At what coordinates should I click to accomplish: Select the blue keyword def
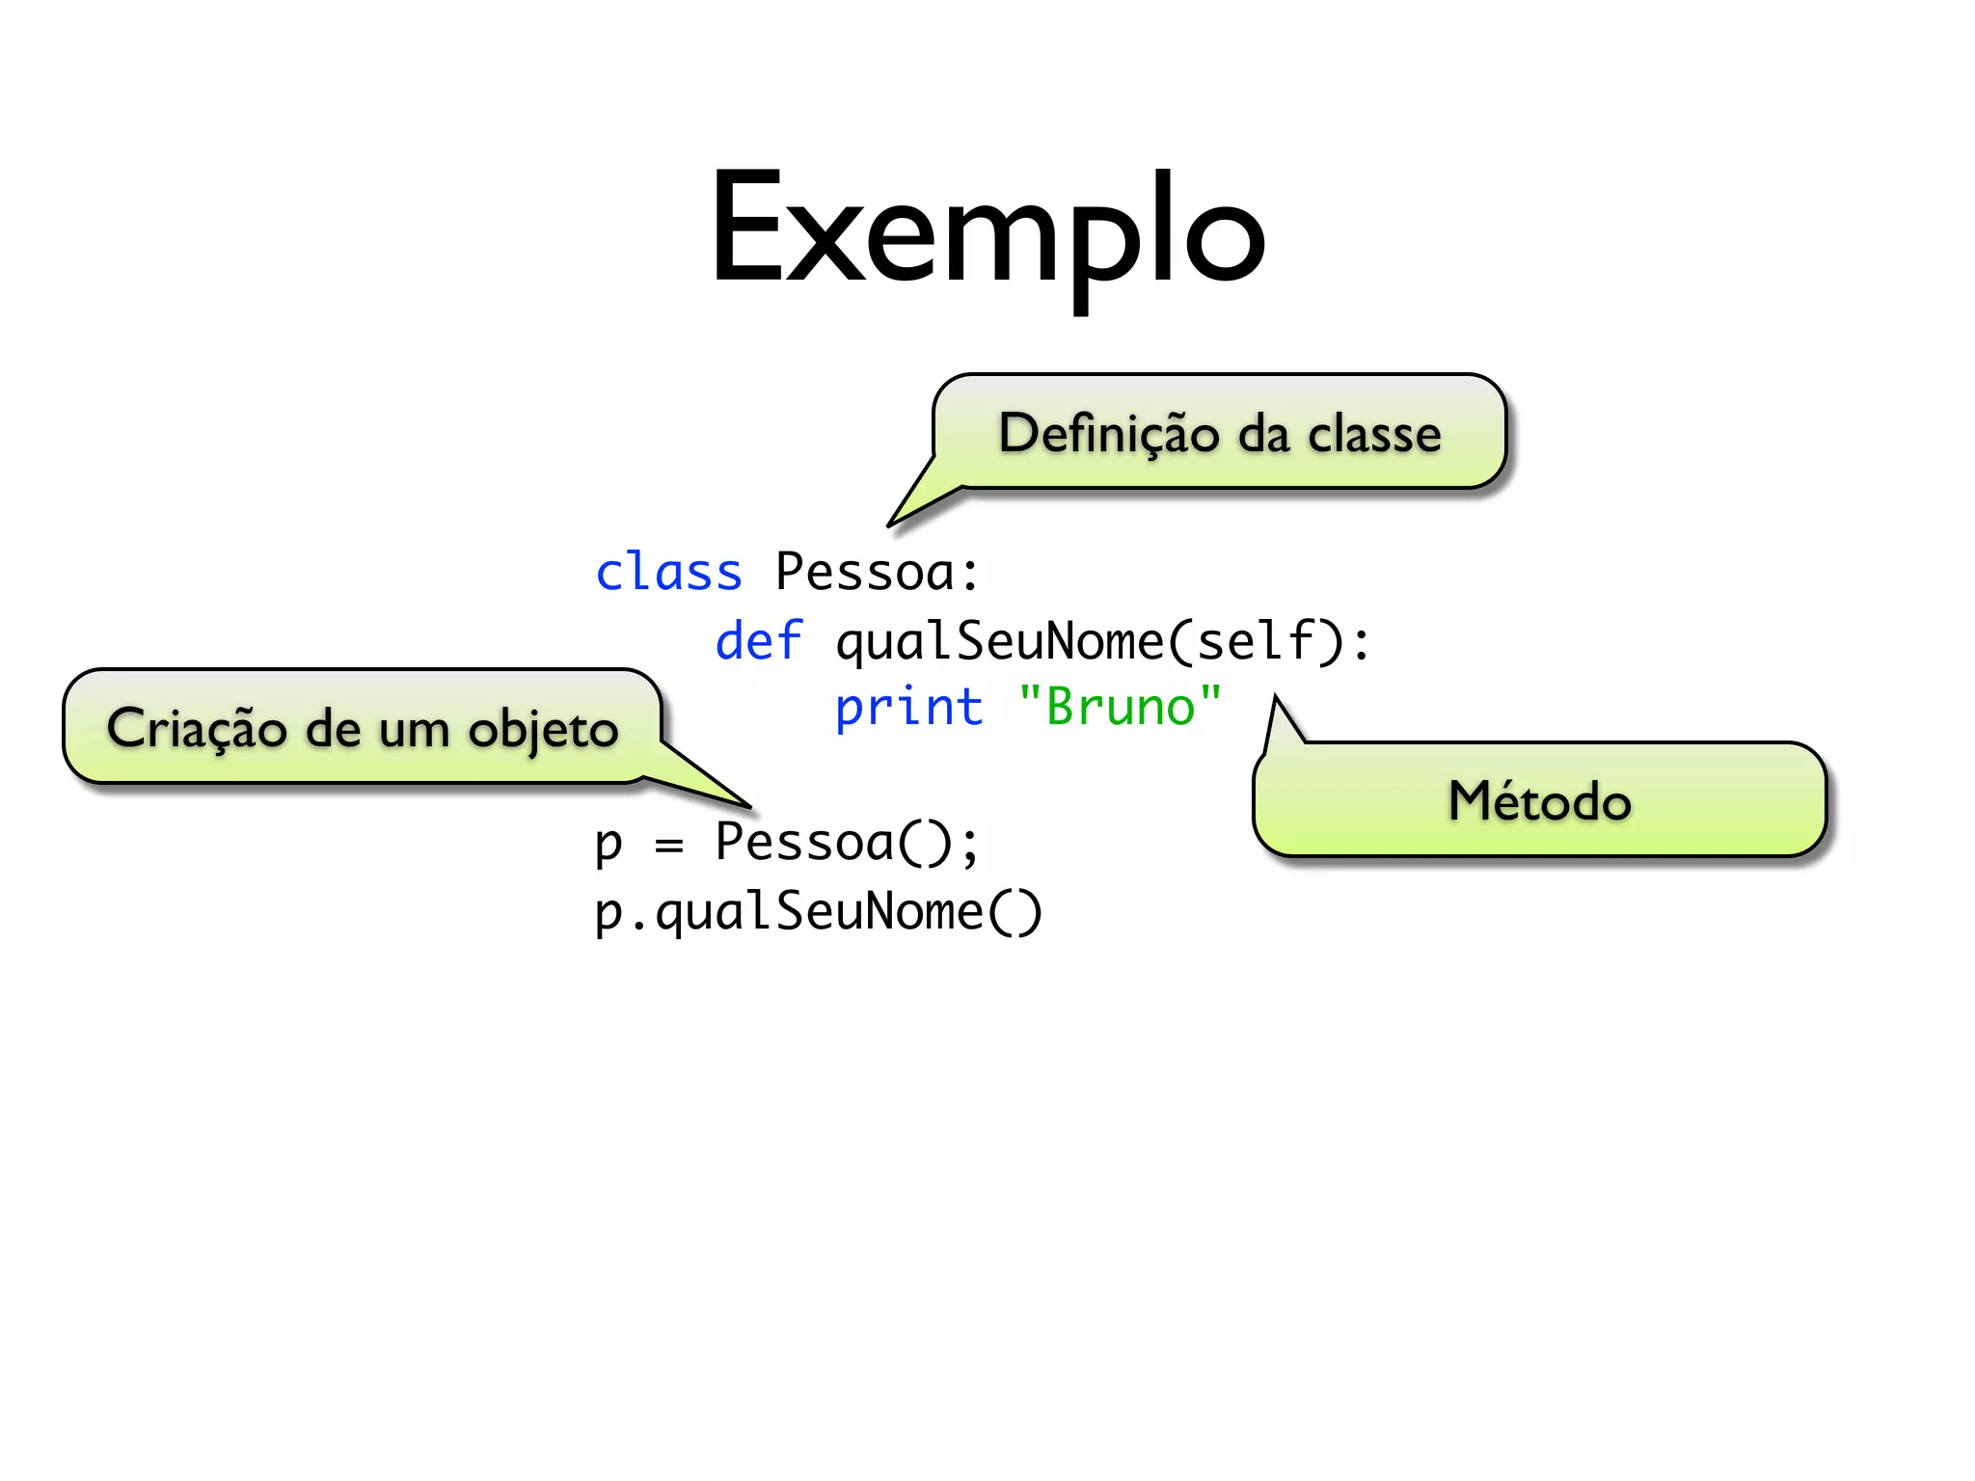click(758, 640)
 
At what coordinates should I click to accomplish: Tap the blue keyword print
click(908, 708)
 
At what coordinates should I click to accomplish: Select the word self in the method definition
click(1255, 640)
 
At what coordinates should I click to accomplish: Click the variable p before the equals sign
click(609, 843)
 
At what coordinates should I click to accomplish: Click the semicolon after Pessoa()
click(968, 845)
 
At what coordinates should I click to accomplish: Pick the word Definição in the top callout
click(1109, 433)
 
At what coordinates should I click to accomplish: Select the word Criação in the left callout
click(197, 729)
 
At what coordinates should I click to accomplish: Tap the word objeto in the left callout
click(543, 729)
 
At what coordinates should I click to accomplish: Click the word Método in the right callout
click(1539, 801)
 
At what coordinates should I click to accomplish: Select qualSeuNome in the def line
click(999, 640)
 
